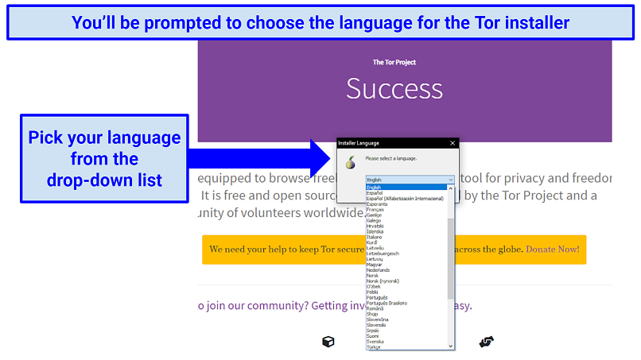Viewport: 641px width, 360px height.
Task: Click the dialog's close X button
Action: [x=453, y=143]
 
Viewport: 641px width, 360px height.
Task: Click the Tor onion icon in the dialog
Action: [x=348, y=162]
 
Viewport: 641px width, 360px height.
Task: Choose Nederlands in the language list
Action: [x=379, y=269]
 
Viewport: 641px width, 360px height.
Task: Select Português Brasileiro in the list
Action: [x=387, y=303]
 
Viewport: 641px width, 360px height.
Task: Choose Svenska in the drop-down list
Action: [x=375, y=341]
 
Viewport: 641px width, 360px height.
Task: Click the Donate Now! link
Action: [x=552, y=250]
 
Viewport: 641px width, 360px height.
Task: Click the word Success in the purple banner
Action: [x=394, y=88]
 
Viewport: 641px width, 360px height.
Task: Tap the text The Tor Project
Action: [x=394, y=62]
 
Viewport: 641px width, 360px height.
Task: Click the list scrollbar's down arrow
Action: [x=451, y=346]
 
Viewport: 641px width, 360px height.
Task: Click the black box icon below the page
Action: [x=328, y=342]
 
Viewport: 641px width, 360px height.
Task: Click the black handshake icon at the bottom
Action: [x=487, y=342]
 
